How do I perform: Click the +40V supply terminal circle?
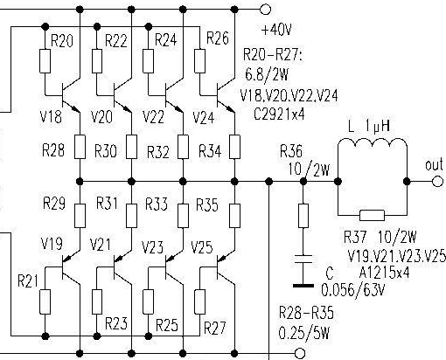265,10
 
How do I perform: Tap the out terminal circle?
436,182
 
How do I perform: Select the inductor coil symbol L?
373,144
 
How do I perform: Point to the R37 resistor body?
373,216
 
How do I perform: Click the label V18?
51,116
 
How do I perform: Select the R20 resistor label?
62,40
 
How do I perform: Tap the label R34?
210,151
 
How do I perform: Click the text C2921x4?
279,114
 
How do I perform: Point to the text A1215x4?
385,273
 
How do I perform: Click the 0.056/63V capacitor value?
353,290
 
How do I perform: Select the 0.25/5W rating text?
304,333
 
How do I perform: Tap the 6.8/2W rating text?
267,74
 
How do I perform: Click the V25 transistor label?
202,247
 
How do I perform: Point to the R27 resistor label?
214,328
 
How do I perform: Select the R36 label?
291,151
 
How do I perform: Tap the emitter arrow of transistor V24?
230,108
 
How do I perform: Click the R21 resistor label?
28,281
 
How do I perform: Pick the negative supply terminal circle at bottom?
300,354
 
